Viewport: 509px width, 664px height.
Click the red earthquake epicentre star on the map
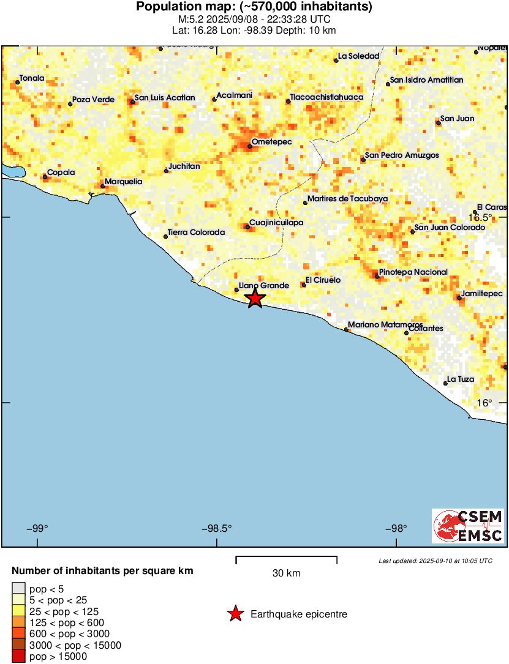pyautogui.click(x=255, y=299)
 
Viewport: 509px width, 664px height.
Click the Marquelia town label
pyautogui.click(x=124, y=182)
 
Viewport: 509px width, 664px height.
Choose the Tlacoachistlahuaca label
pyautogui.click(x=327, y=97)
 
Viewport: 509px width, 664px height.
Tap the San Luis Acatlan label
pyautogui.click(x=165, y=97)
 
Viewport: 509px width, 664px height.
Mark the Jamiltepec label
pyautogui.click(x=483, y=294)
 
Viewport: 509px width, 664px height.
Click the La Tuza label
pyautogui.click(x=461, y=379)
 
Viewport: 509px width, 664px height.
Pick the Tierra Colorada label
pyautogui.click(x=197, y=233)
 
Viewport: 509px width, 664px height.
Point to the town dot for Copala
pyautogui.click(x=45, y=177)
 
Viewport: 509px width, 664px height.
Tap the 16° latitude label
pyautogui.click(x=484, y=403)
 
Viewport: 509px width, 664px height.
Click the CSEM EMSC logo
pyautogui.click(x=468, y=526)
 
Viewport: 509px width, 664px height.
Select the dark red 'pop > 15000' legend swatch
pyautogui.click(x=19, y=657)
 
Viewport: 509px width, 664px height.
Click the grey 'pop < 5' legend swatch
pyautogui.click(x=19, y=589)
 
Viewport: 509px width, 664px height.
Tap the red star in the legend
pyautogui.click(x=235, y=614)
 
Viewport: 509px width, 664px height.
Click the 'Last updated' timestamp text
pyautogui.click(x=435, y=561)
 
